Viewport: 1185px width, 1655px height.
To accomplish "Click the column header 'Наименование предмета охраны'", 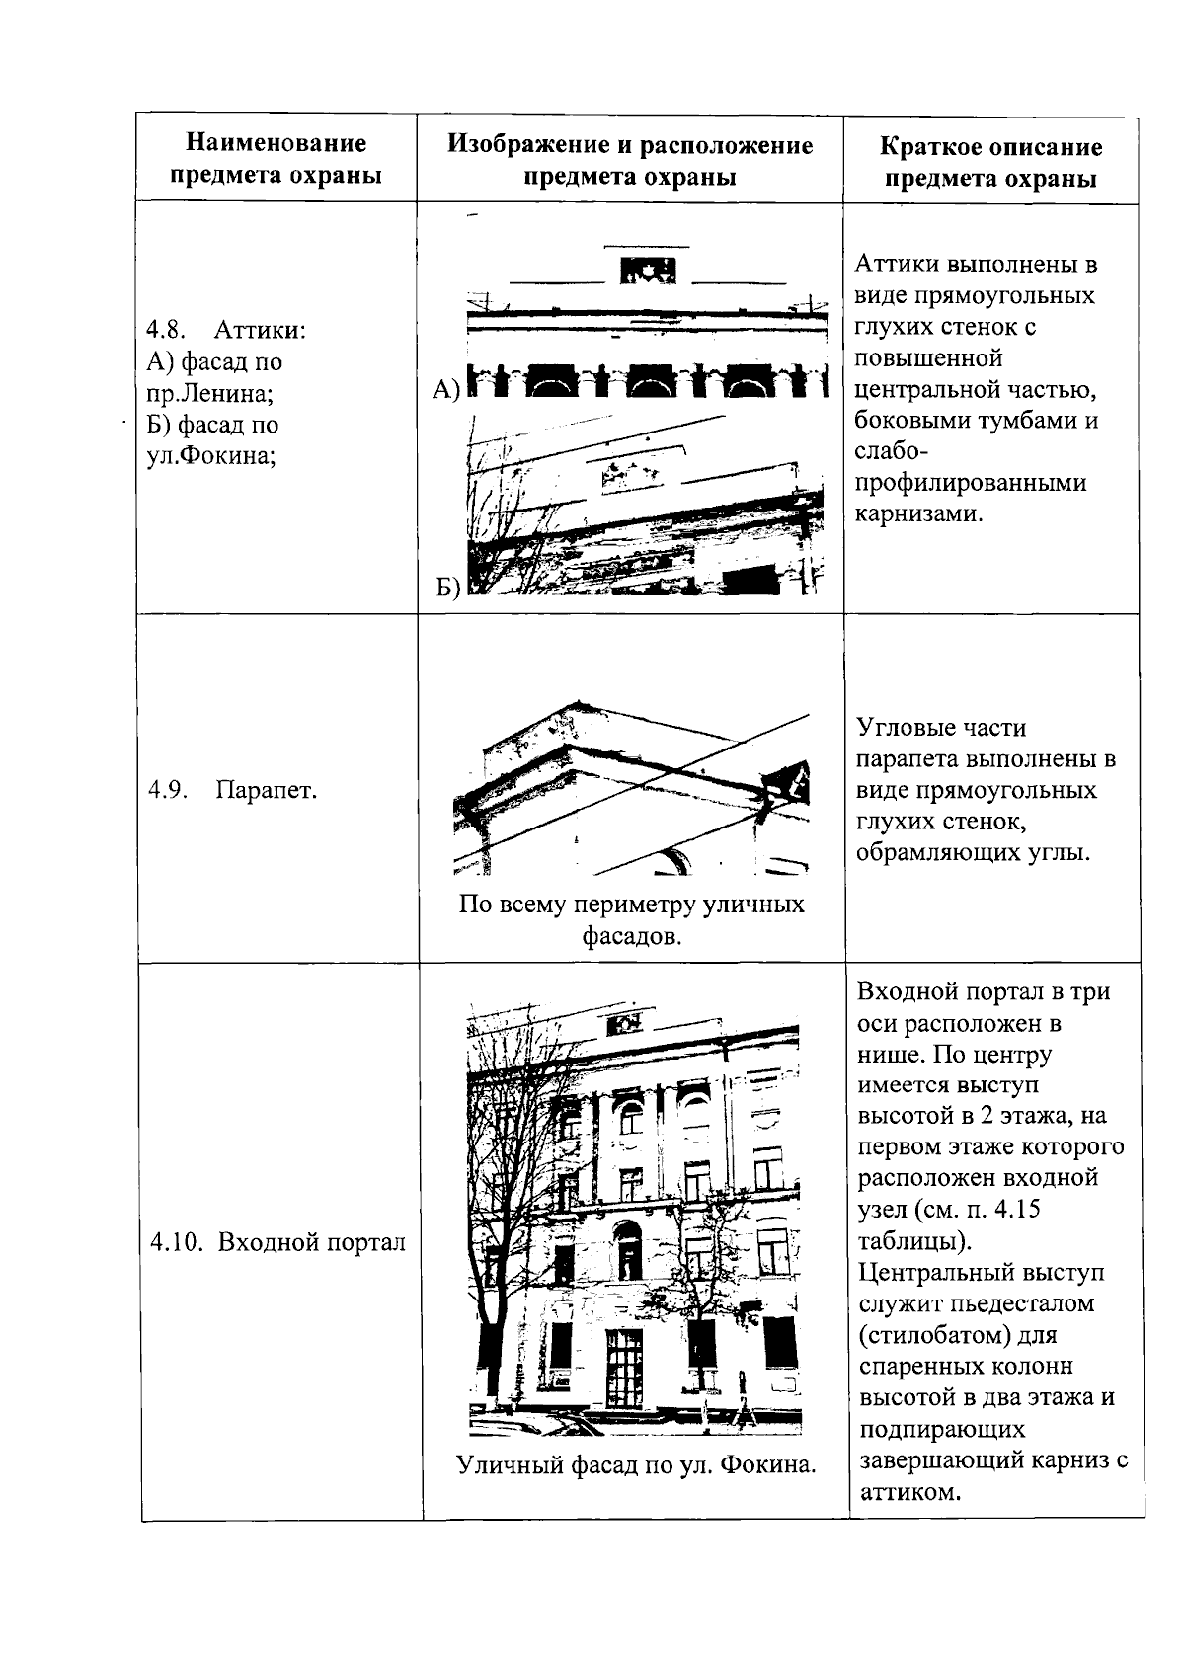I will pyautogui.click(x=276, y=159).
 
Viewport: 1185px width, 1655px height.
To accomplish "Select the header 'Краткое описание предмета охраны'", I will pyautogui.click(x=989, y=163).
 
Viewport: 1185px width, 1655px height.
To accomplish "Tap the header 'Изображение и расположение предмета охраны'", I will pyautogui.click(x=630, y=160).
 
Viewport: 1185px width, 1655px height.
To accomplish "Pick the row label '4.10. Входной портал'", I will pyautogui.click(x=277, y=1242).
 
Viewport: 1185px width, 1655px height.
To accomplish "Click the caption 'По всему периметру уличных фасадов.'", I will pyautogui.click(x=631, y=919).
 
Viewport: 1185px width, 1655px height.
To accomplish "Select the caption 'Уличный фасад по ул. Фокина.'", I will pyautogui.click(x=636, y=1464).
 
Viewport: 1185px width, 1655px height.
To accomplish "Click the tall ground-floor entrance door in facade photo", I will pyautogui.click(x=624, y=1369).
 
